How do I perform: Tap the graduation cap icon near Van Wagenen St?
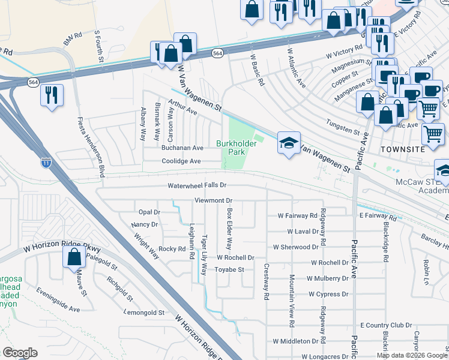pyautogui.click(x=289, y=143)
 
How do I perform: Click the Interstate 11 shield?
pyautogui.click(x=46, y=163)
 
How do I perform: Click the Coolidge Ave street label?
pyautogui.click(x=181, y=161)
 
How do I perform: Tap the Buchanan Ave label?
pyautogui.click(x=182, y=148)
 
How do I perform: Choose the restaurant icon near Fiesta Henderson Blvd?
pyautogui.click(x=52, y=94)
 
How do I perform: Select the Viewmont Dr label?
pyautogui.click(x=212, y=200)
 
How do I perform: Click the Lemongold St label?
pyautogui.click(x=143, y=313)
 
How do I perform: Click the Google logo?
pyautogui.click(x=19, y=353)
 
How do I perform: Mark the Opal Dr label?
pyautogui.click(x=149, y=212)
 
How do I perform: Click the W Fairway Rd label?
pyautogui.click(x=297, y=215)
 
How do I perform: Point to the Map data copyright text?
pyautogui.click(x=411, y=355)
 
